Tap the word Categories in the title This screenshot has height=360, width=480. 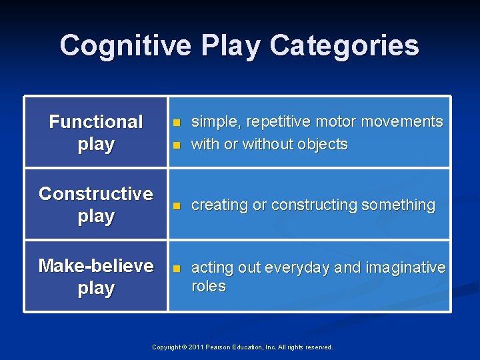point(344,46)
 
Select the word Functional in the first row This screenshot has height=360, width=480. point(96,122)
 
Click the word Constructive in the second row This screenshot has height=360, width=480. point(96,194)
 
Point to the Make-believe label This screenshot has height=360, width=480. point(96,266)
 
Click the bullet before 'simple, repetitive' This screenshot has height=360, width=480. point(177,123)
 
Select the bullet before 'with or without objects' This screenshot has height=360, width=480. point(177,145)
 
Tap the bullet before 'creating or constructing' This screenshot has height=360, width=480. point(177,206)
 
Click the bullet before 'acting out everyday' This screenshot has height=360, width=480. point(177,268)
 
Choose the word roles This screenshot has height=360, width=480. point(208,287)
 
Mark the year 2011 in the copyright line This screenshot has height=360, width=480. point(196,347)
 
